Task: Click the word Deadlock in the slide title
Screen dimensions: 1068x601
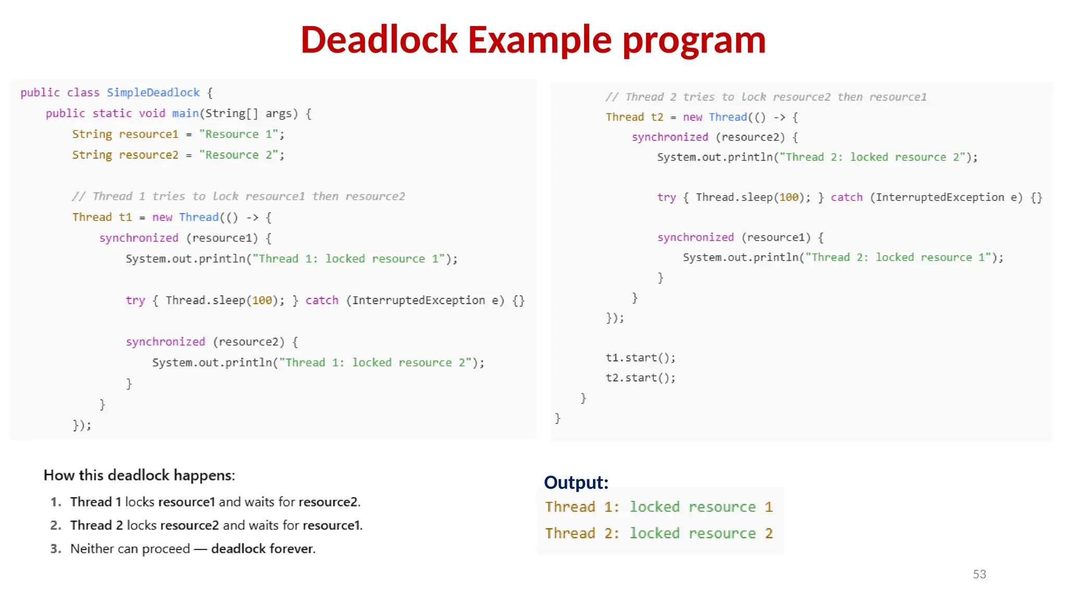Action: [x=380, y=40]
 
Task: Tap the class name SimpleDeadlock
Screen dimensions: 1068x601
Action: [x=153, y=93]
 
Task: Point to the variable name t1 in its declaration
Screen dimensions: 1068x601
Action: [x=125, y=217]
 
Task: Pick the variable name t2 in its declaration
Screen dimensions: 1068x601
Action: [x=657, y=117]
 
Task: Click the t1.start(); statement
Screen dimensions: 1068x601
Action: [x=640, y=358]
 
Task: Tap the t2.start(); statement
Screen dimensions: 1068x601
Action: [x=640, y=378]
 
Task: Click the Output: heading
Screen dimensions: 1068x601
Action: [x=576, y=483]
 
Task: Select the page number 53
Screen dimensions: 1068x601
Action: [x=979, y=574]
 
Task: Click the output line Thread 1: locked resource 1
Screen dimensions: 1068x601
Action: [x=659, y=507]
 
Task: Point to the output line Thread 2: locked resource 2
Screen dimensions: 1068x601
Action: [x=659, y=533]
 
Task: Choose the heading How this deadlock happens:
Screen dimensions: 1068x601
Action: [x=139, y=475]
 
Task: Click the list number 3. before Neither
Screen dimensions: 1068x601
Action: [x=56, y=549]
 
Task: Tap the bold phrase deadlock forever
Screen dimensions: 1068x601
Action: [x=263, y=549]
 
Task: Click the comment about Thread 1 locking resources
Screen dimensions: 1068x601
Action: [x=238, y=197]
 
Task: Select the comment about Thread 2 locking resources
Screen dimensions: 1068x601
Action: [x=766, y=97]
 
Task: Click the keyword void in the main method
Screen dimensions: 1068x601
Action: [x=152, y=114]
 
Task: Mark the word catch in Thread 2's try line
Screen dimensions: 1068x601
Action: [x=846, y=197]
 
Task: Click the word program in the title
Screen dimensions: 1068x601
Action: [x=694, y=40]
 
